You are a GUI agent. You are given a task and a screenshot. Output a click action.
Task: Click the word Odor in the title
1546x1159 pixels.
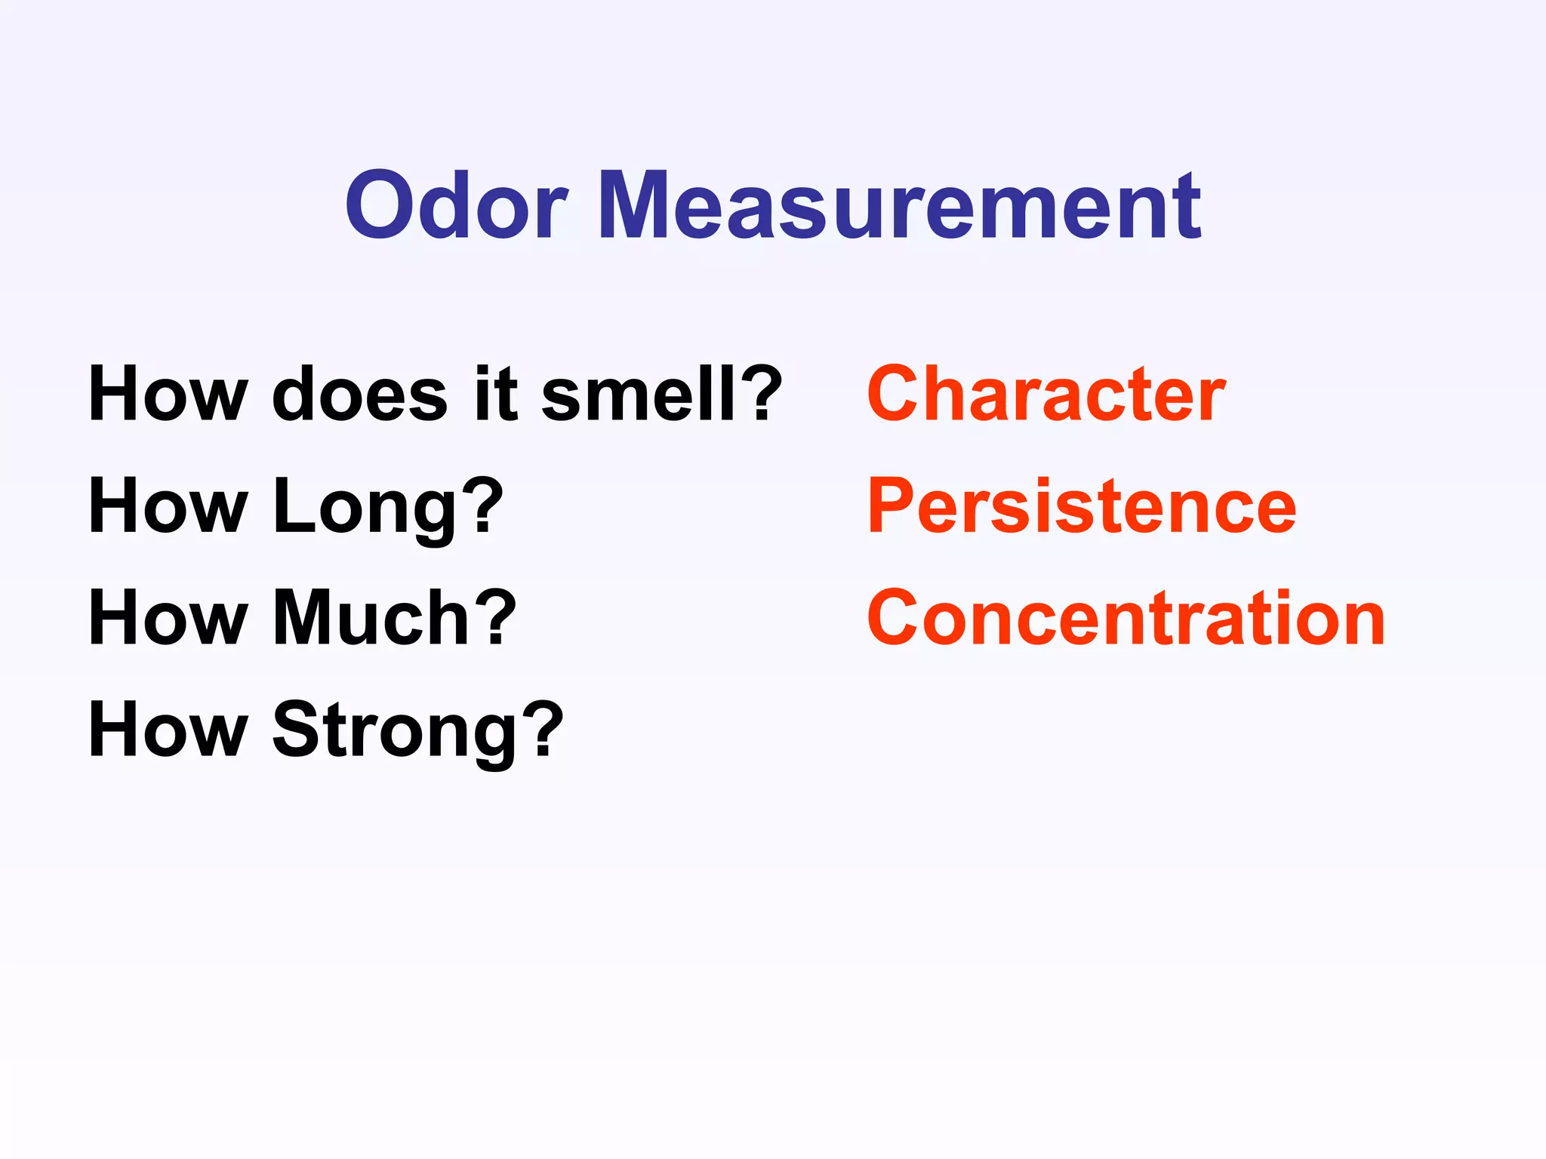coord(456,205)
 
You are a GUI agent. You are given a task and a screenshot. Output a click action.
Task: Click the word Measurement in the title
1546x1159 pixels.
coord(899,205)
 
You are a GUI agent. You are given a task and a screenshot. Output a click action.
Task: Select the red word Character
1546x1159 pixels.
coord(1046,394)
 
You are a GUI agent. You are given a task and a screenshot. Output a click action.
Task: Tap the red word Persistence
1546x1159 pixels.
coord(1081,506)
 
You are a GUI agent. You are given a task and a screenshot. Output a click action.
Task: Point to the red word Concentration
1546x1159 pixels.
coord(1126,618)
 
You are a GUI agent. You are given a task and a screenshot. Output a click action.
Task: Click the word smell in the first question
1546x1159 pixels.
coord(639,394)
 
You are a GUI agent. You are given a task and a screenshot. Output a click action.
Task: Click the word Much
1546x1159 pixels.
coord(371,618)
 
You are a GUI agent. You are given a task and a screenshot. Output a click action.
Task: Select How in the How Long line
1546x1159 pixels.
coord(168,506)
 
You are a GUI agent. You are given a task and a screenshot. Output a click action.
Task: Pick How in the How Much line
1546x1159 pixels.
coord(168,618)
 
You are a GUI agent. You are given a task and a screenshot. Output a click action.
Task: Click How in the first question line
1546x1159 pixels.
coord(168,394)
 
